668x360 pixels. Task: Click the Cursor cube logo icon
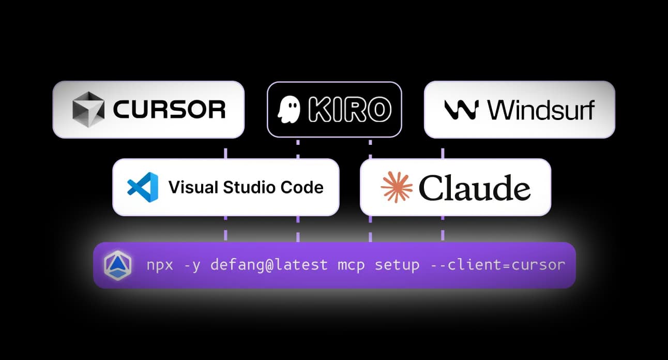coord(87,110)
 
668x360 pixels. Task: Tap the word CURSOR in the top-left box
coord(169,110)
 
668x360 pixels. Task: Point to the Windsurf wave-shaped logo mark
coord(460,110)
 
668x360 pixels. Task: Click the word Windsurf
coord(541,110)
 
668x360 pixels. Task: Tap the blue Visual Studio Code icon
coord(142,187)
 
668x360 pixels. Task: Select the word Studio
coord(243,187)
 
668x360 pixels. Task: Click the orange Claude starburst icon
coord(397,187)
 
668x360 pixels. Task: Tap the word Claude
coord(475,187)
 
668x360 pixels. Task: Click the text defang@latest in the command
coord(269,265)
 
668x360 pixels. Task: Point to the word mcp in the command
coord(352,265)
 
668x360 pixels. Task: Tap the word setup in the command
coord(397,265)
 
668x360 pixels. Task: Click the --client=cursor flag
coord(498,265)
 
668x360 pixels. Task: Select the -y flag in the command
coord(192,265)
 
